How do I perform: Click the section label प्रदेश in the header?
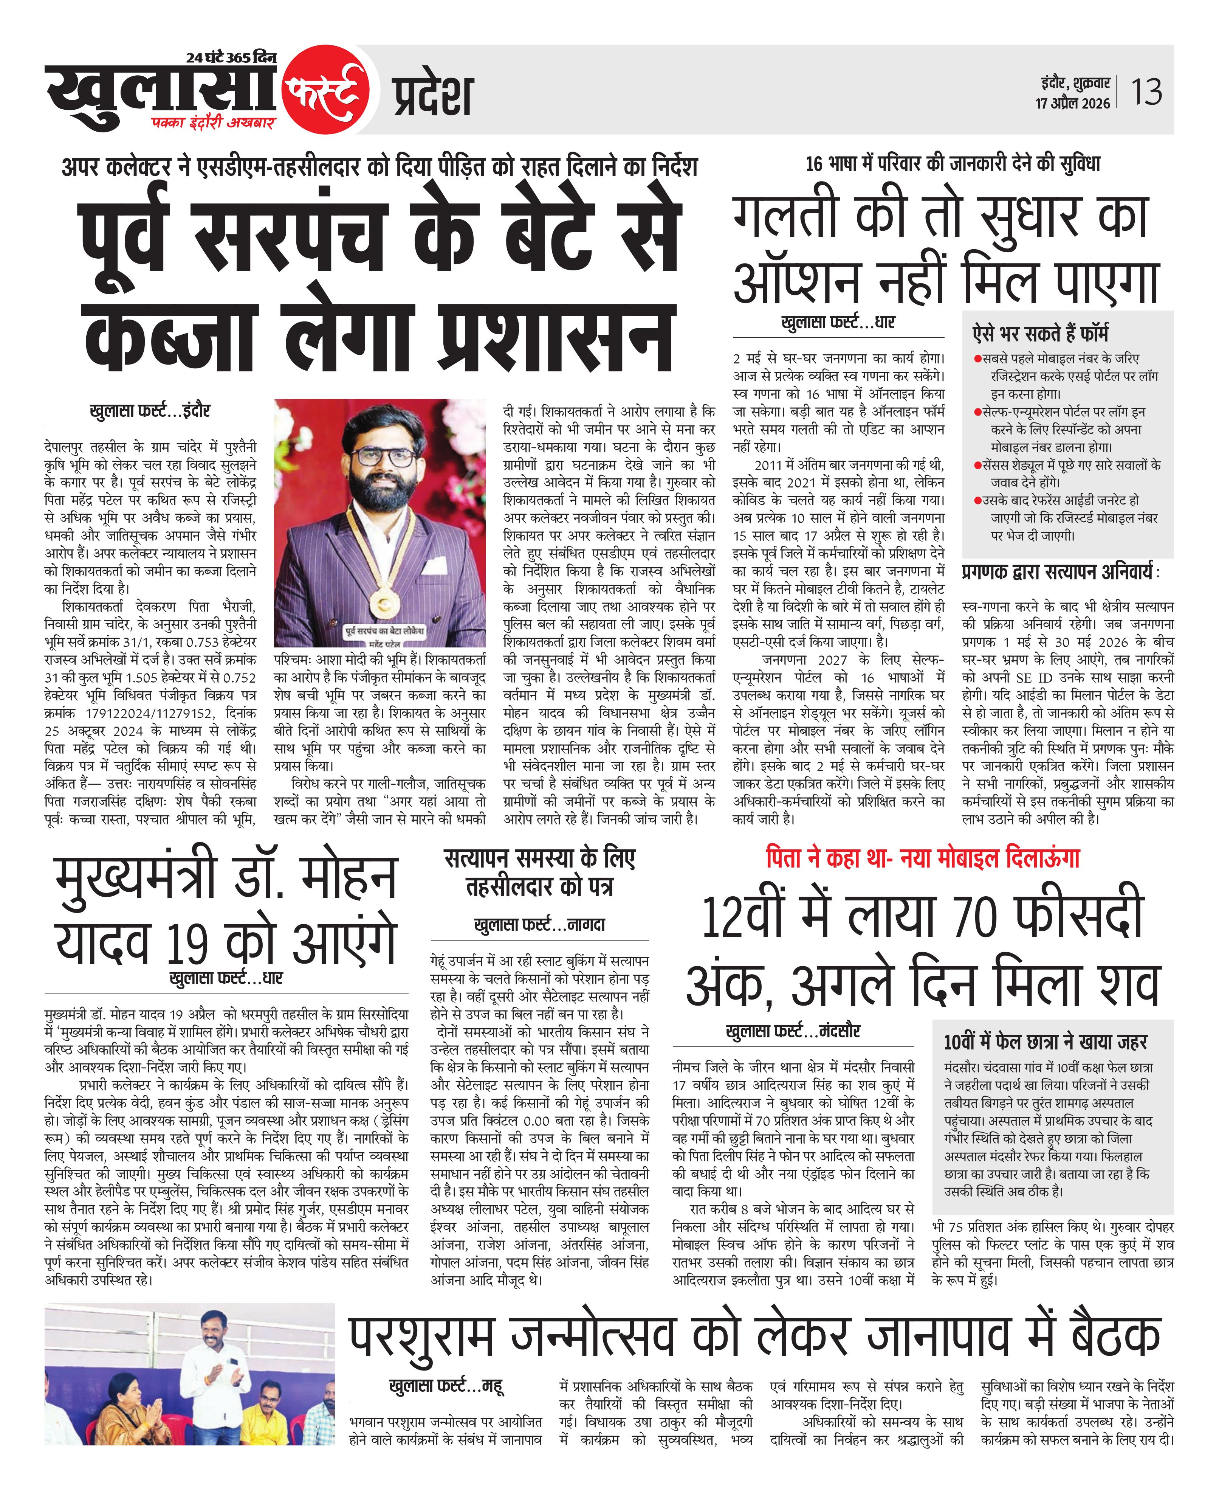432,96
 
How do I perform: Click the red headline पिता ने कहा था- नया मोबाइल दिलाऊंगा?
922,858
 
